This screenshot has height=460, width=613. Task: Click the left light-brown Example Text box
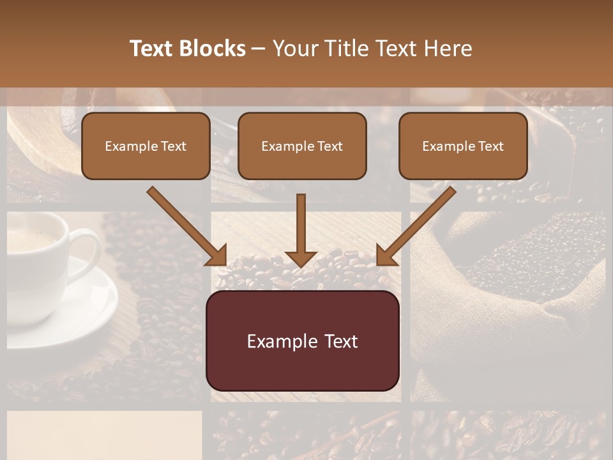[146, 146]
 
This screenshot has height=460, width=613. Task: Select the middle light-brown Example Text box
[302, 146]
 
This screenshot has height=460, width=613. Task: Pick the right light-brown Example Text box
[463, 146]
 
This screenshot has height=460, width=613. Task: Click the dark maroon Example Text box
[302, 341]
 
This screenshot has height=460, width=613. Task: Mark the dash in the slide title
[259, 49]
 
